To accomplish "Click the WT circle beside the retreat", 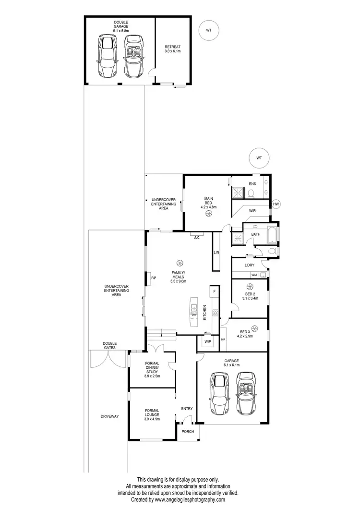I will tap(209, 30).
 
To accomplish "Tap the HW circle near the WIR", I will tap(276, 205).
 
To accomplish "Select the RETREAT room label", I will tap(173, 48).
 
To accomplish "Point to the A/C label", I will tap(197, 238).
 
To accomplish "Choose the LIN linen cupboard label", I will tap(216, 252).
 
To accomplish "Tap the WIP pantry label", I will tap(208, 341).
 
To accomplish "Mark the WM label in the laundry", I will tap(254, 275).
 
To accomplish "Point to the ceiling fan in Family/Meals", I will tap(180, 263).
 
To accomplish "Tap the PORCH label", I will tap(188, 431).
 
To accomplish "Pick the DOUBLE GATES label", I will tap(109, 345).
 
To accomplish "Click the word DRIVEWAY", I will tap(109, 416).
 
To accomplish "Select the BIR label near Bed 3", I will tap(223, 339).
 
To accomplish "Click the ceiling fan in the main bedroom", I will tap(208, 215).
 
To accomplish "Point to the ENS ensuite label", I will tap(252, 184).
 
